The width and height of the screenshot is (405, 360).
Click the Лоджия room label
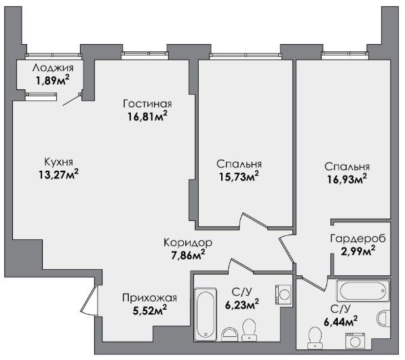point(53,68)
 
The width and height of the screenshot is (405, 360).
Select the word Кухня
point(58,162)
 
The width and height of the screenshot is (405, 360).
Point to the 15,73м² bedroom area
point(239,176)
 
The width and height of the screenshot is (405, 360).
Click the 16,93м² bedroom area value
point(347,179)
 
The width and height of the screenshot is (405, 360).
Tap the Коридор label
point(188,243)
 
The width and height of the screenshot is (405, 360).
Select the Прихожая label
point(149,298)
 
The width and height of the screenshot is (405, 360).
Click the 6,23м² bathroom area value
point(242,305)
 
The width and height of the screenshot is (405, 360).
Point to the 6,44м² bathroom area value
point(341,322)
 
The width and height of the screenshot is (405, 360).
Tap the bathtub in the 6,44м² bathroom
point(363,291)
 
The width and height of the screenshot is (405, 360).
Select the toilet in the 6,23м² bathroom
point(249,330)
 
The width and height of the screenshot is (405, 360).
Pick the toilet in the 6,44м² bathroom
point(315,338)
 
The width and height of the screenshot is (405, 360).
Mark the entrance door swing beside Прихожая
point(90,300)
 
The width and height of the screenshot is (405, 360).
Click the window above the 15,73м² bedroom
point(245,54)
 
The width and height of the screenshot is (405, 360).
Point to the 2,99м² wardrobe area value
point(358,251)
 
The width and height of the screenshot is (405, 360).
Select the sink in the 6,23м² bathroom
point(229,334)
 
